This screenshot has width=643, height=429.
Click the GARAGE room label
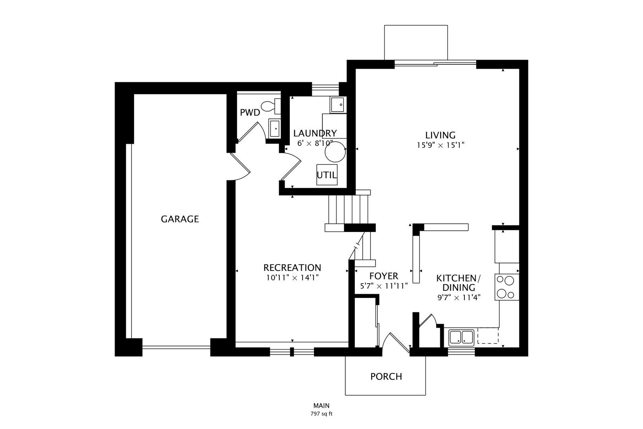[x=180, y=219]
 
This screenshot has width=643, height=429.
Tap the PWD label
[x=250, y=113]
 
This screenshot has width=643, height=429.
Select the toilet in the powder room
[x=271, y=106]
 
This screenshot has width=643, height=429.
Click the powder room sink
[x=274, y=129]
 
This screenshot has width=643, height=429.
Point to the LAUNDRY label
[x=315, y=133]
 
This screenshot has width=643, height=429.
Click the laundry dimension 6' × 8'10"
[x=315, y=143]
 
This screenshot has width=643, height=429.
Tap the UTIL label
[x=327, y=175]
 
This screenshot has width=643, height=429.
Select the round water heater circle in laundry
[x=335, y=151]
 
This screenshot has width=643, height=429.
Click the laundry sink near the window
[x=338, y=104]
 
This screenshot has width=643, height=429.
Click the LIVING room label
[x=440, y=135]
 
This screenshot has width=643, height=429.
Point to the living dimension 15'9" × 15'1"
[x=440, y=145]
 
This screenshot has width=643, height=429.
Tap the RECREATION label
[x=292, y=268]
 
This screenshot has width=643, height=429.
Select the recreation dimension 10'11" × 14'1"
[x=292, y=278]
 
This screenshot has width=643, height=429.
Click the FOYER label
[x=383, y=276]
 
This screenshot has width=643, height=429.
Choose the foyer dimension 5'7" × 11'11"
[x=384, y=286]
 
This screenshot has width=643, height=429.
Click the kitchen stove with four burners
[x=506, y=287]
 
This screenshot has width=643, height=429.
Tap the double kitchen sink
[x=461, y=338]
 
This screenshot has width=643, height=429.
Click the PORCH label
[x=386, y=377]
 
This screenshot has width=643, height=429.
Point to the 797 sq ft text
[x=321, y=414]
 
